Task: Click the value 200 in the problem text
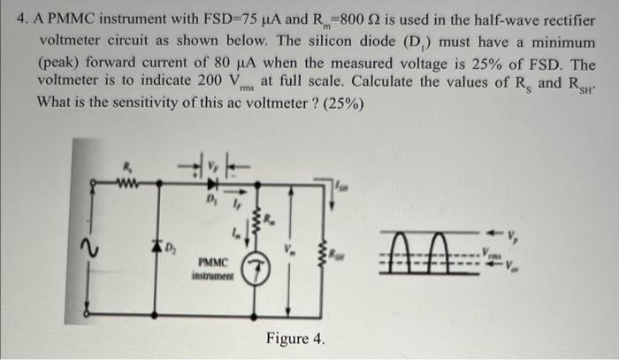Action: tap(191, 80)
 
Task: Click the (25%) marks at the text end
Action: tap(341, 100)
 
